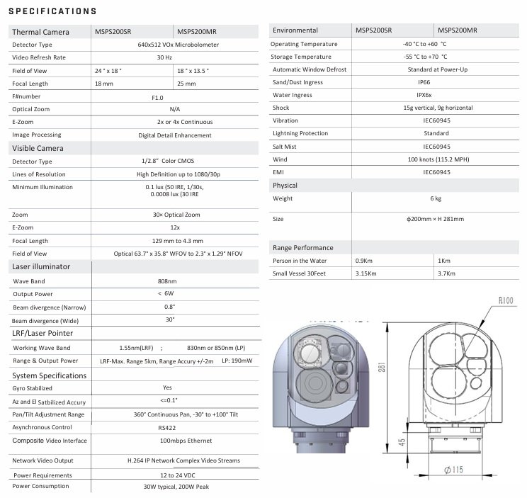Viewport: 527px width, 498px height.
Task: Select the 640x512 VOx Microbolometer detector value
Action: coord(175,44)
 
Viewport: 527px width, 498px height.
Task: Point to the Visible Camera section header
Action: coord(38,148)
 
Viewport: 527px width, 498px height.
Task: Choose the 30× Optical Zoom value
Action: coord(176,215)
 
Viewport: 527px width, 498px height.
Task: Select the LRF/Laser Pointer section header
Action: coord(42,333)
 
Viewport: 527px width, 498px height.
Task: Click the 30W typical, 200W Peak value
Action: coord(176,487)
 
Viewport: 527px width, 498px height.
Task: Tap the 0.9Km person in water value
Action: coord(363,261)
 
